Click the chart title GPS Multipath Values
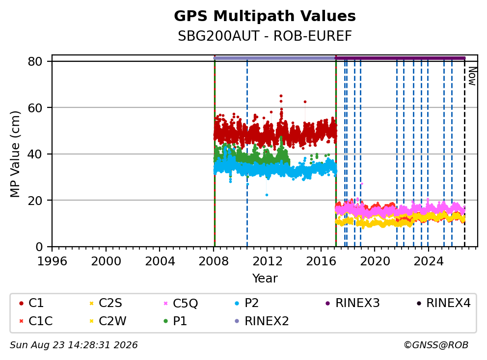(x=265, y=16)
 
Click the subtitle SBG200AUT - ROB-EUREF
(x=265, y=36)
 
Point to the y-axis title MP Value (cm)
(x=15, y=154)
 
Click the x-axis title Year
(x=265, y=278)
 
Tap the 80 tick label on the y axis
(x=35, y=61)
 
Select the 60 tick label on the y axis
(x=35, y=108)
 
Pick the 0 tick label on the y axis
(x=39, y=247)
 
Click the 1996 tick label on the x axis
(x=52, y=261)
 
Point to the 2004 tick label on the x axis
(x=160, y=261)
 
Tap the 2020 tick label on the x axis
(x=375, y=261)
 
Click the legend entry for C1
(x=31, y=303)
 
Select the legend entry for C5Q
(x=181, y=303)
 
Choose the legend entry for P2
(x=247, y=303)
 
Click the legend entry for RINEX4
(x=443, y=303)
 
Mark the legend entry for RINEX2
(x=262, y=321)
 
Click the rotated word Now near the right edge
(x=472, y=77)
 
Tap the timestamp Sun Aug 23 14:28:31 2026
(x=74, y=345)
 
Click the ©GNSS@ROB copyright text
(x=436, y=345)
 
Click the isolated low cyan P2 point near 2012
(x=267, y=195)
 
